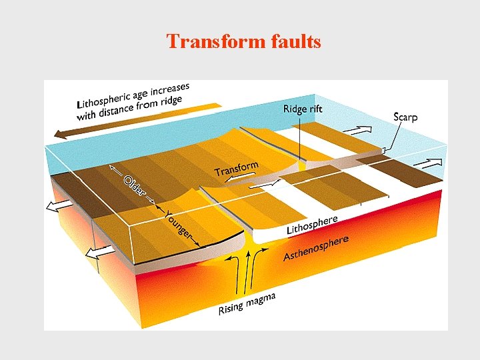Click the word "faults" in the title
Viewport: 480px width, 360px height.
(x=292, y=42)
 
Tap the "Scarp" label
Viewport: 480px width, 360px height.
(x=405, y=117)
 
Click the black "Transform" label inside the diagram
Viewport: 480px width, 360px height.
(x=236, y=168)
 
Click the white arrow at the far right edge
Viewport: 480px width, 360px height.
(x=431, y=162)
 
